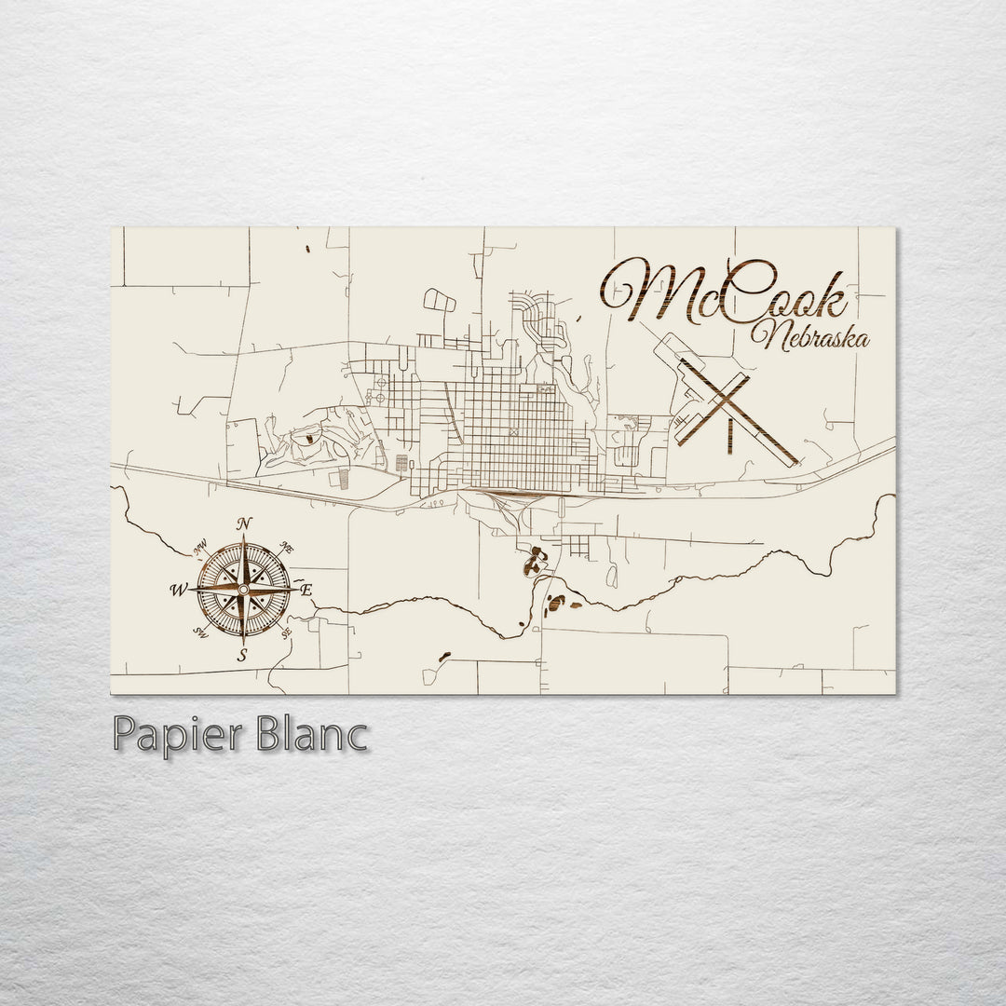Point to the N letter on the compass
point(244,524)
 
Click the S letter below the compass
point(242,656)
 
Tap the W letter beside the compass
point(177,590)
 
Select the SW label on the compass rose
point(199,632)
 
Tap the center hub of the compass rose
point(243,590)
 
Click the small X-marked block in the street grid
point(511,432)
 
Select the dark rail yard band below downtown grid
point(503,491)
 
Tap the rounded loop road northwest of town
point(440,299)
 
